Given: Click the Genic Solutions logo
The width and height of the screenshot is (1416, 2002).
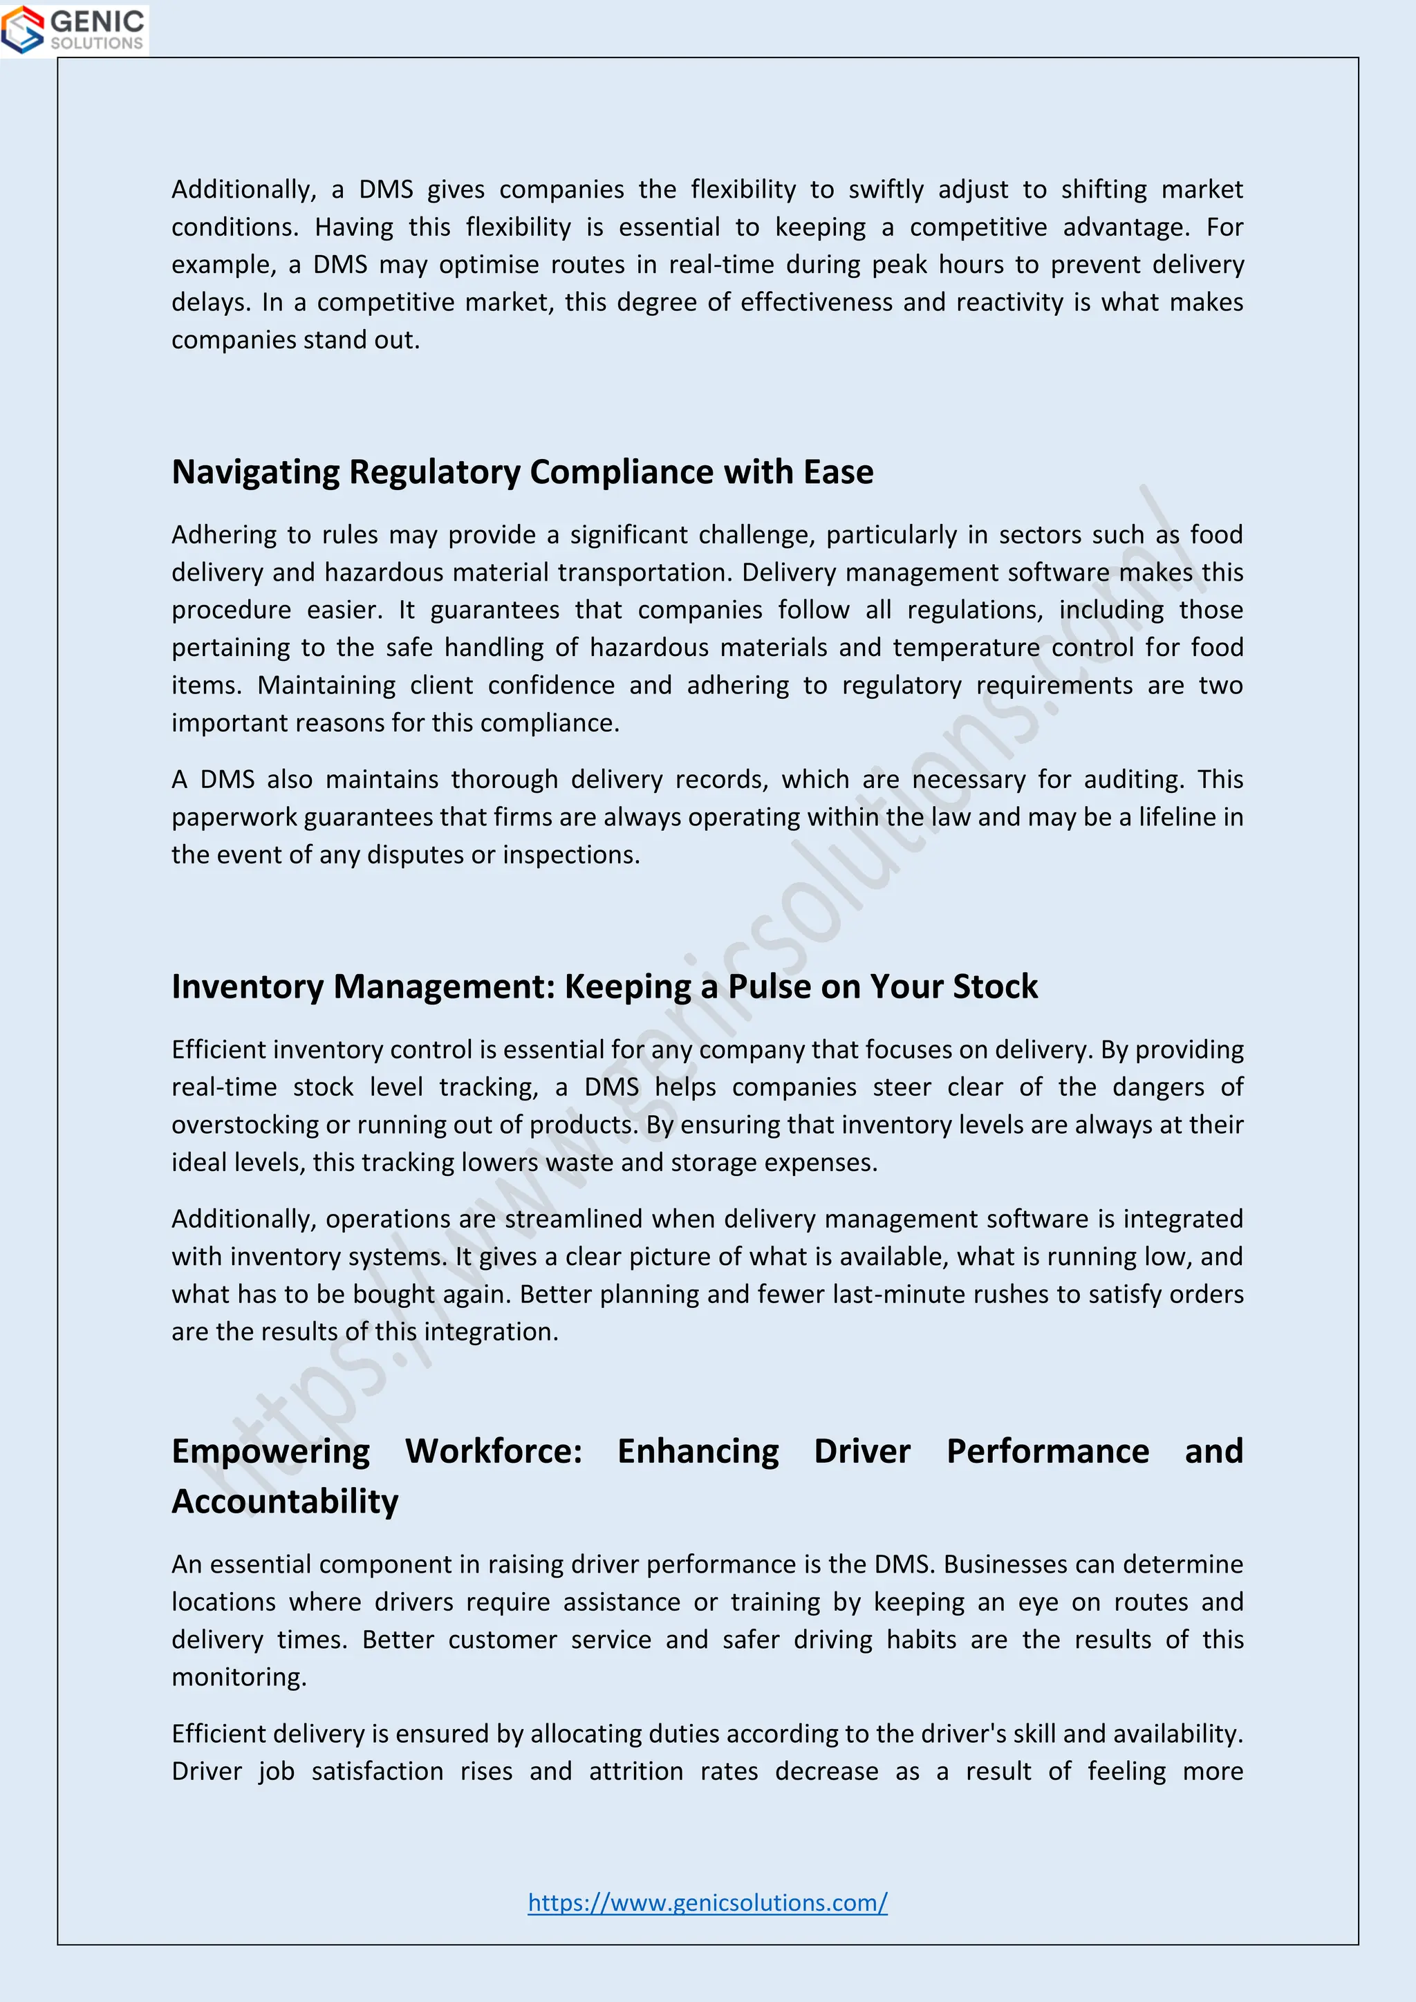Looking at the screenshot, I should point(74,29).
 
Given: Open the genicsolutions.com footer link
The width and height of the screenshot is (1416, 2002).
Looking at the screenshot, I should point(707,1902).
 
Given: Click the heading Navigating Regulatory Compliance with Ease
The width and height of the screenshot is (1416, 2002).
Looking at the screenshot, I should point(521,471).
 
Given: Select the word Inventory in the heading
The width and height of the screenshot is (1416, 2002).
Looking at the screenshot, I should point(248,986).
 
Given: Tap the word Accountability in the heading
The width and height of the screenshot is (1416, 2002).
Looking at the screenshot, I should point(284,1501).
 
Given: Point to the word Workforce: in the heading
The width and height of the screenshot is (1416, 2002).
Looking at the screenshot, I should point(494,1451).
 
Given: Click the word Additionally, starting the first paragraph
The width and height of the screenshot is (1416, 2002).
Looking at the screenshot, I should point(243,189).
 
